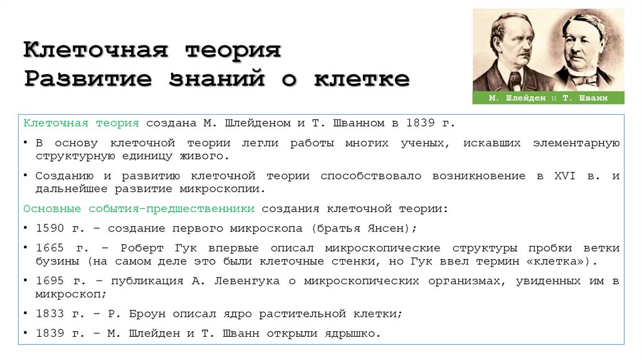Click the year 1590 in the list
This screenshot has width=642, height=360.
click(50, 228)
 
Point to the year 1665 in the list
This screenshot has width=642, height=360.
click(50, 248)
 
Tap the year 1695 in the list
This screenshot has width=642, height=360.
click(50, 281)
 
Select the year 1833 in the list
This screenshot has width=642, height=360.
click(50, 314)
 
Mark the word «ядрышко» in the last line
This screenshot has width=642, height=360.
click(355, 334)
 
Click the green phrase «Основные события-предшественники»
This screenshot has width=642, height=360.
click(139, 208)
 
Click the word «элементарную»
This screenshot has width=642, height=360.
click(577, 144)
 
